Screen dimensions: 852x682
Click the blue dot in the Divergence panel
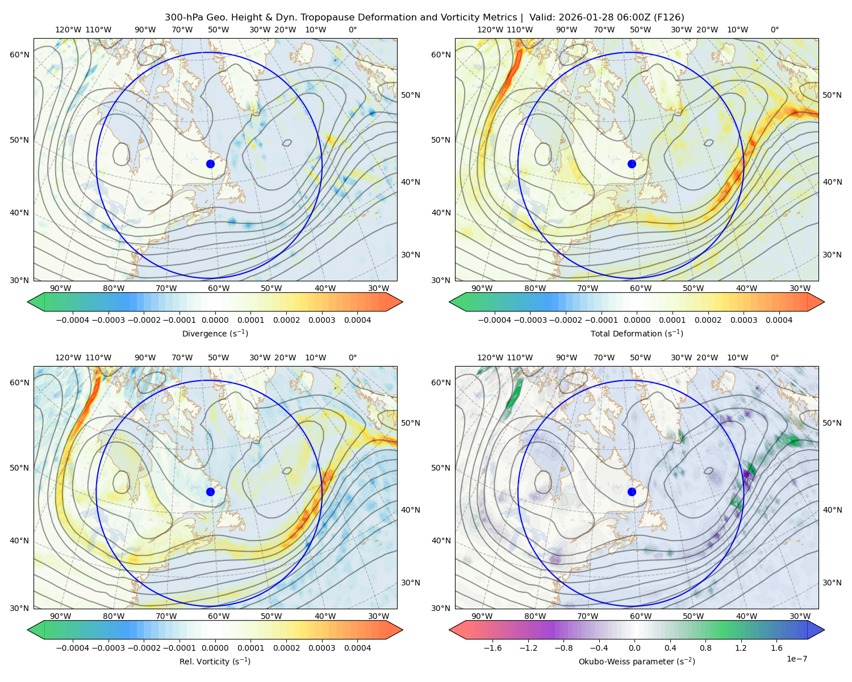pyautogui.click(x=210, y=164)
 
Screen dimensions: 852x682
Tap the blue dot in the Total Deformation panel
pyautogui.click(x=632, y=164)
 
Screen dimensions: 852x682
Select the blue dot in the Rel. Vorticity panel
pyautogui.click(x=210, y=492)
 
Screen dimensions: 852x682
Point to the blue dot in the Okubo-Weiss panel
pyautogui.click(x=632, y=492)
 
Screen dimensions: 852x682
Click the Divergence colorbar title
pyautogui.click(x=215, y=333)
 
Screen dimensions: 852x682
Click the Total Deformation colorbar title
pyautogui.click(x=637, y=333)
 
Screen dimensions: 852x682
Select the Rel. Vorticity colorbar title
pyautogui.click(x=215, y=661)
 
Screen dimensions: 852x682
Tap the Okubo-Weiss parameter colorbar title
pyautogui.click(x=637, y=661)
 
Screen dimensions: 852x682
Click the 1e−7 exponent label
pyautogui.click(x=796, y=659)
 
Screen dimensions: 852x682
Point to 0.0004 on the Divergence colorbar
pyautogui.click(x=357, y=320)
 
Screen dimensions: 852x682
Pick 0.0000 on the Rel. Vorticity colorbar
pyautogui.click(x=215, y=648)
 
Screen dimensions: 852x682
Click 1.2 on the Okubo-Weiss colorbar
pyautogui.click(x=741, y=648)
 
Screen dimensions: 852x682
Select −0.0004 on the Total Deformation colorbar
pyautogui.click(x=495, y=320)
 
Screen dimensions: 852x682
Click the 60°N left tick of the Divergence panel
pyautogui.click(x=19, y=55)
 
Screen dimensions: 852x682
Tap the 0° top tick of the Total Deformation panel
pyautogui.click(x=774, y=30)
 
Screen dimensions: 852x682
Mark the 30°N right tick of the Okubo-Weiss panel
pyautogui.click(x=832, y=583)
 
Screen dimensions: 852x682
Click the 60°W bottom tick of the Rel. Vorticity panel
pyautogui.click(x=219, y=616)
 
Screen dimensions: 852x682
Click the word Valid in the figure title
pyautogui.click(x=541, y=18)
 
